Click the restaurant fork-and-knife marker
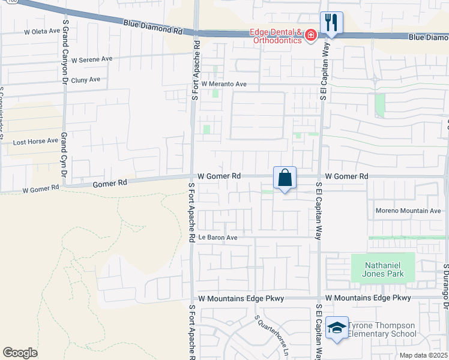tap(331, 23)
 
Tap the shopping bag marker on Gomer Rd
tap(285, 178)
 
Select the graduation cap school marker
tap(337, 328)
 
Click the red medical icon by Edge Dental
tap(310, 35)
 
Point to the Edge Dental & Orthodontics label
tap(276, 36)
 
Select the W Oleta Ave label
tap(42, 31)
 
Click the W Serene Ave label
tap(92, 60)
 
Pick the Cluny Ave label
tap(85, 80)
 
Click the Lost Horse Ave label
tap(35, 142)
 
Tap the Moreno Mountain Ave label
tap(408, 211)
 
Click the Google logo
tap(20, 353)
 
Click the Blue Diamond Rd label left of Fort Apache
tap(153, 27)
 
